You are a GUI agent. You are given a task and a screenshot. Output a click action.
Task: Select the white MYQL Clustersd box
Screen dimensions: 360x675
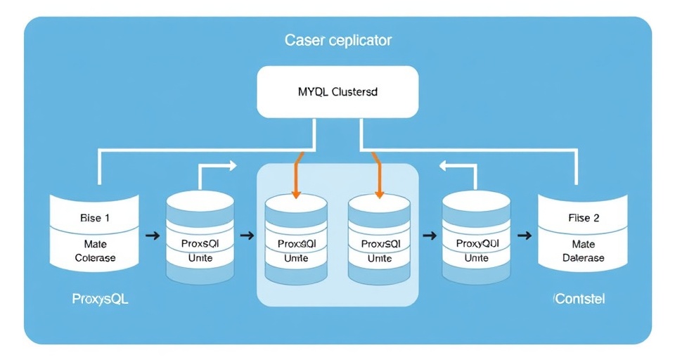[337, 92]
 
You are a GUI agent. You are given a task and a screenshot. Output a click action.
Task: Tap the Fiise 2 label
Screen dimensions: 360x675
[584, 218]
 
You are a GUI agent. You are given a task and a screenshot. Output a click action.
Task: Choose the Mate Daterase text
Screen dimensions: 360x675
[584, 251]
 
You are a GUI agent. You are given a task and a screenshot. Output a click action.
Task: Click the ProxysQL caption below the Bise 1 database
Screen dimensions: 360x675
[101, 299]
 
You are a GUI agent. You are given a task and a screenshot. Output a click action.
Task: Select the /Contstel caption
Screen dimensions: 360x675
[579, 299]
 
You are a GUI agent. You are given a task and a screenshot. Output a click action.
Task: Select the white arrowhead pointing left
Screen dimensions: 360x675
[445, 166]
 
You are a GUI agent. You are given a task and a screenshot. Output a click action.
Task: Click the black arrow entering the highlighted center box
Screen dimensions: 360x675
[246, 235]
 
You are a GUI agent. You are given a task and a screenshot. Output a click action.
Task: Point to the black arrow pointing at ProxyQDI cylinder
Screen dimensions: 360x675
[428, 235]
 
